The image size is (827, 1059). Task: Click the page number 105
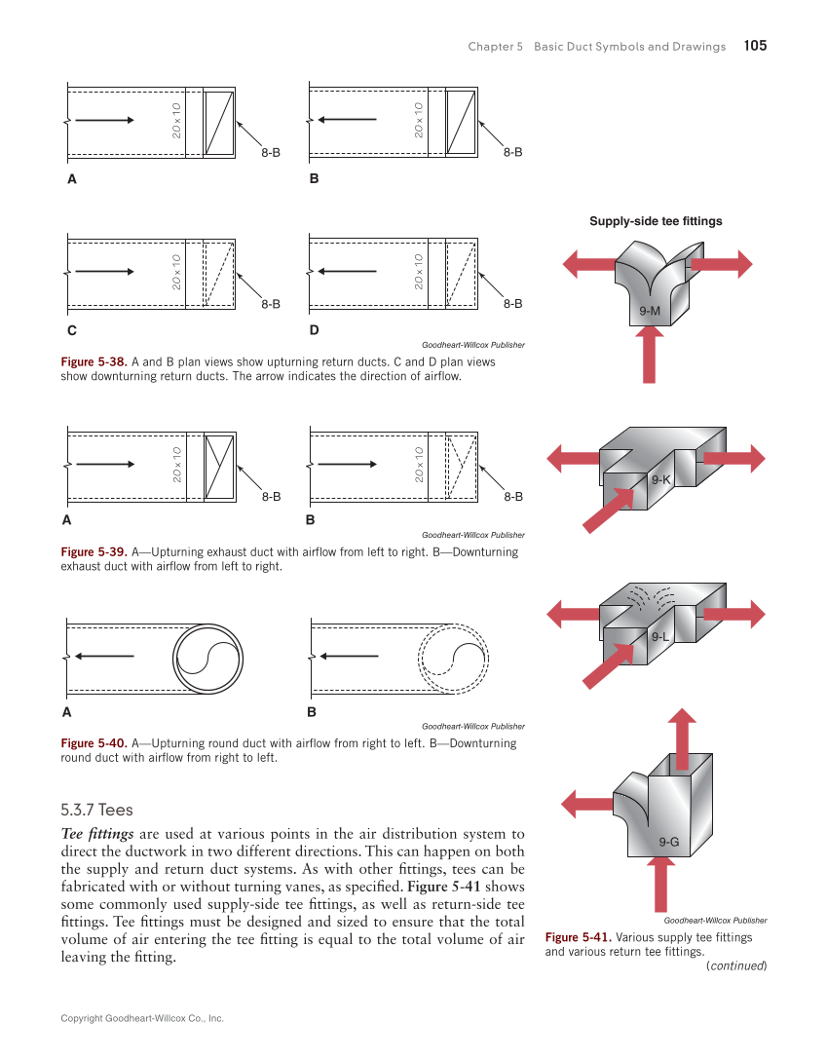coord(755,46)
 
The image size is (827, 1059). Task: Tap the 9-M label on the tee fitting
coord(650,310)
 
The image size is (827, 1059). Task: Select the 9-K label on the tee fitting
coord(661,479)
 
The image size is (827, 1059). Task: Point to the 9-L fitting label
coord(661,636)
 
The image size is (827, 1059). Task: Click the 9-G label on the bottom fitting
coord(668,842)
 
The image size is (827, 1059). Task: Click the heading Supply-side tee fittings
coord(656,221)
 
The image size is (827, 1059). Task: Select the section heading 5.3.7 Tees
coord(96,810)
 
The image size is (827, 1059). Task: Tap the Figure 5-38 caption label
coord(92,361)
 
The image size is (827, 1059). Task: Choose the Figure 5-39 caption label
coord(92,552)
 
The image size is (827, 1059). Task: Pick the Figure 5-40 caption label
coord(92,743)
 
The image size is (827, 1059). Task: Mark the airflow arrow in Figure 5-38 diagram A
coord(104,121)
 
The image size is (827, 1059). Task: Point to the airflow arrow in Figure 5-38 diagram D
coord(348,272)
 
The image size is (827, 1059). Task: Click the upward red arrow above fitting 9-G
coord(683,739)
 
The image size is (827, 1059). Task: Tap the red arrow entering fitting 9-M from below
coord(649,356)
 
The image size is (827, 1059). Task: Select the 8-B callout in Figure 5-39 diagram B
coord(513,497)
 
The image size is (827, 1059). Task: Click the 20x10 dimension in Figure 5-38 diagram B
coord(418,121)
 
